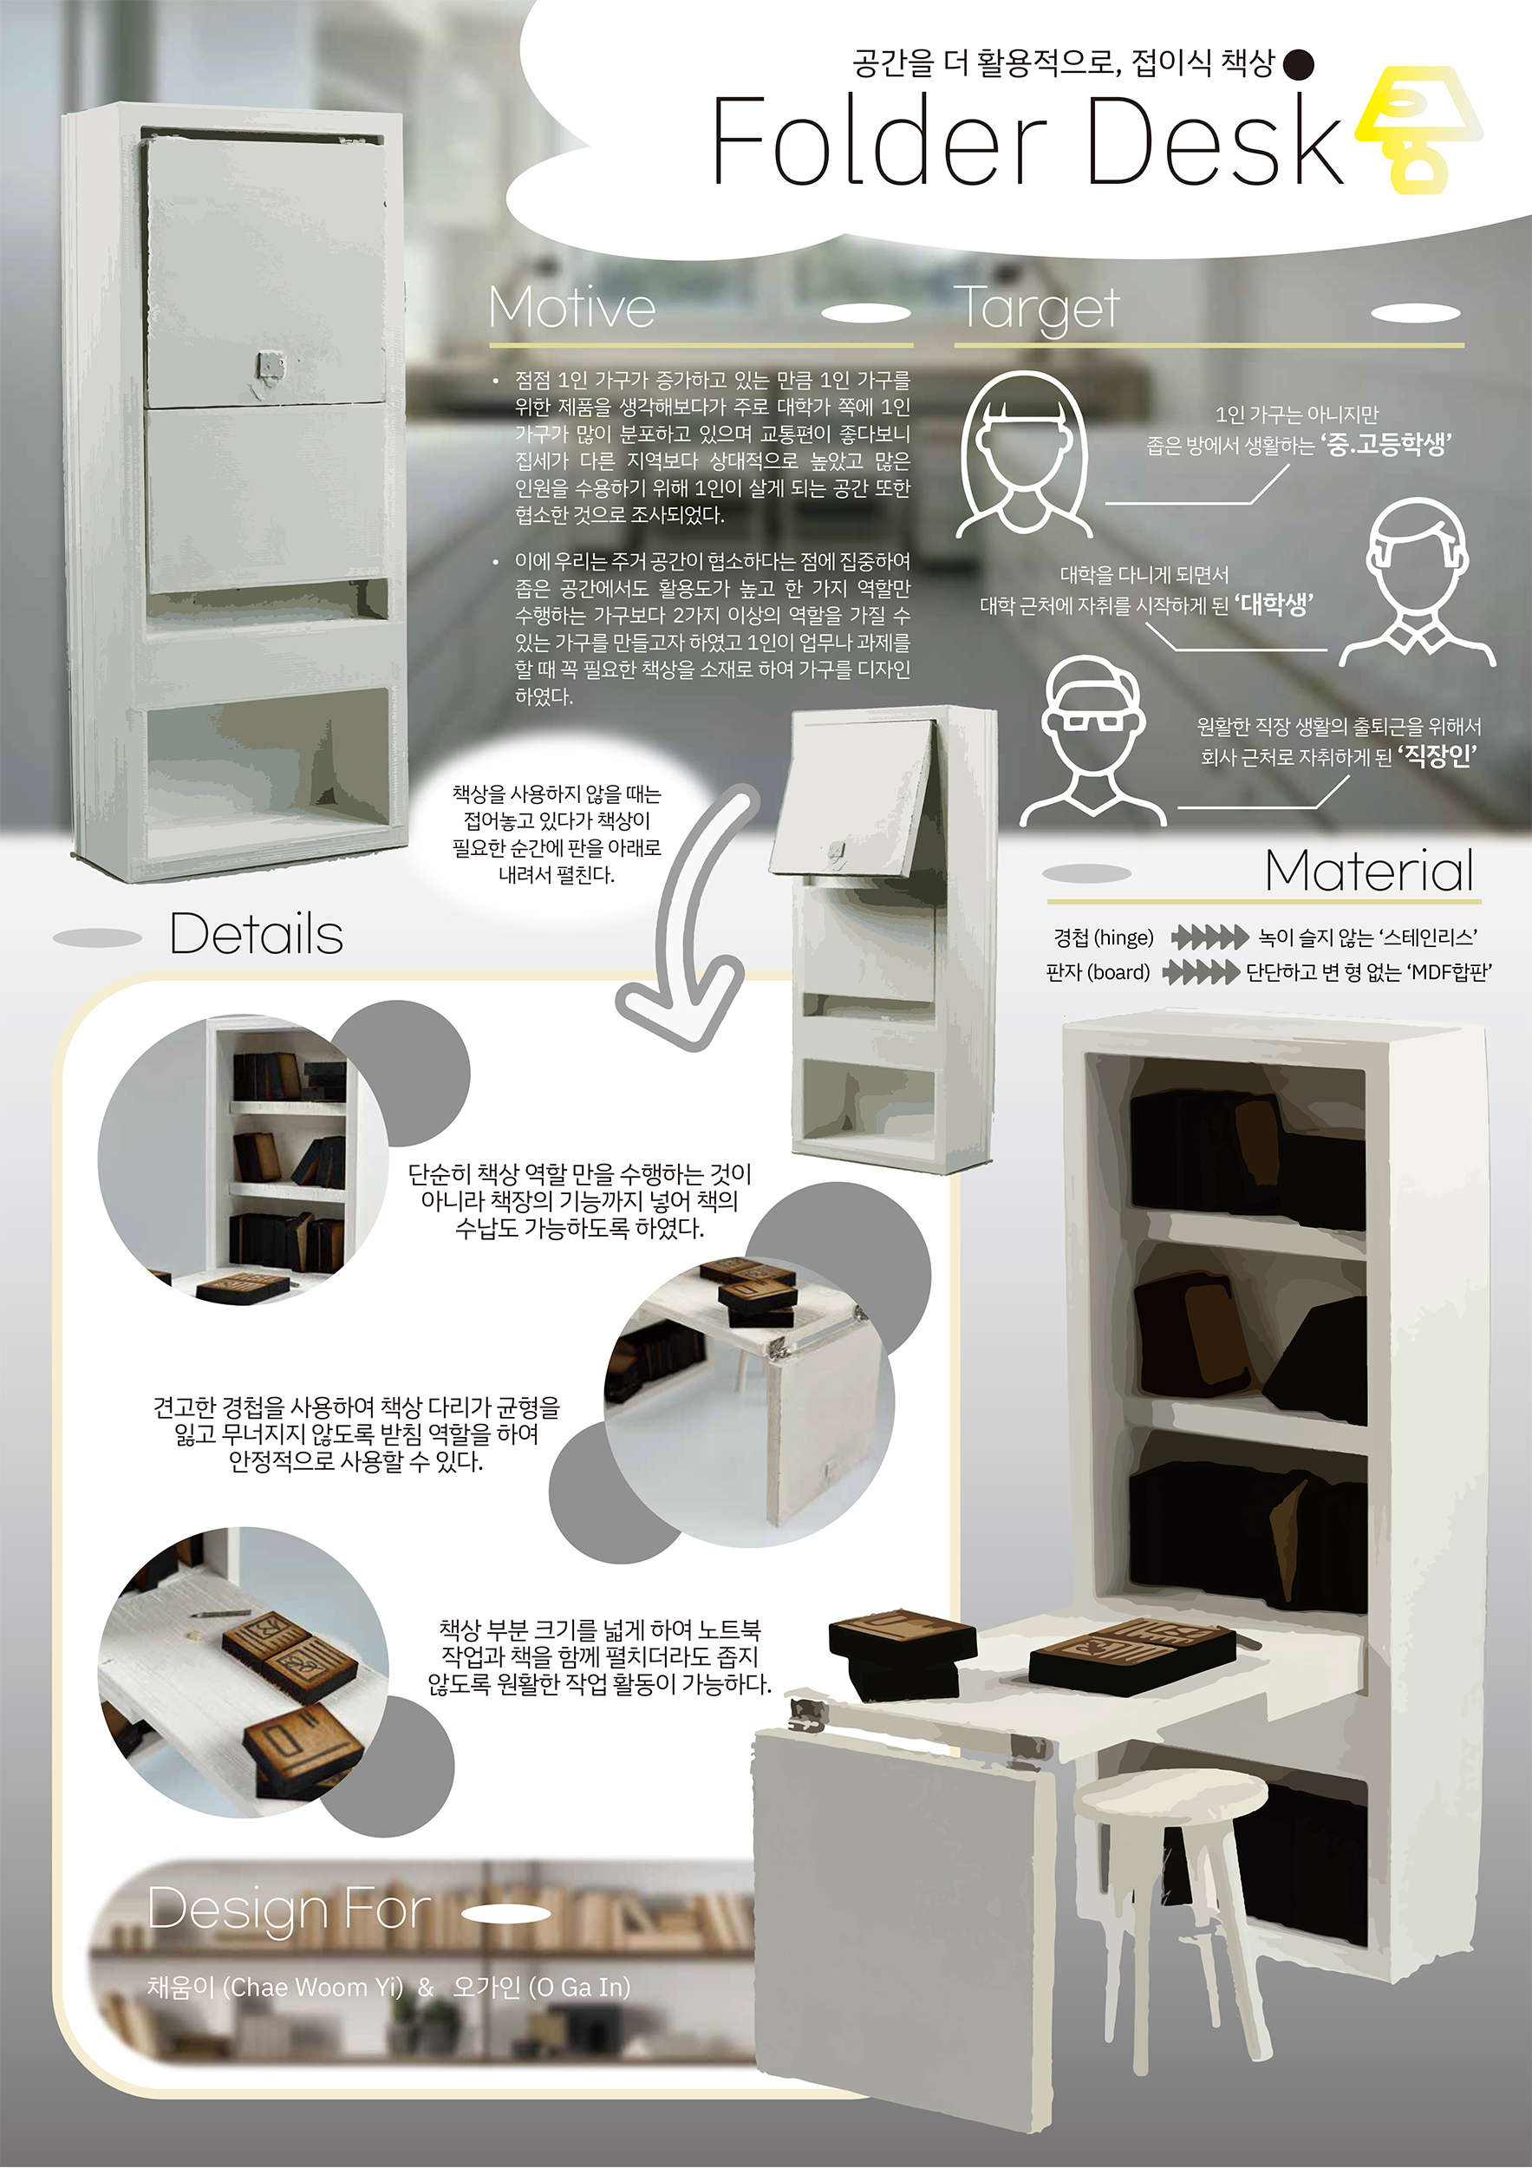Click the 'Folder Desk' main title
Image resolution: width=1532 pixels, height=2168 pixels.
1027,141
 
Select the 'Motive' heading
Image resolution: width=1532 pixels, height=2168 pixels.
572,308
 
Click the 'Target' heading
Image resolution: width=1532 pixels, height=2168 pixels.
1039,309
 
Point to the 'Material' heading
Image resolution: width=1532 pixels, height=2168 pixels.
1369,871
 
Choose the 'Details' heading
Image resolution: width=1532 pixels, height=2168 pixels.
256,934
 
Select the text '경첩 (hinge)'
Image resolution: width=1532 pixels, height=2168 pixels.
1104,937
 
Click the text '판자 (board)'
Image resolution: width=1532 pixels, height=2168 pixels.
1098,973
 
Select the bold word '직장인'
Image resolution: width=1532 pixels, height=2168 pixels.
1437,756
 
